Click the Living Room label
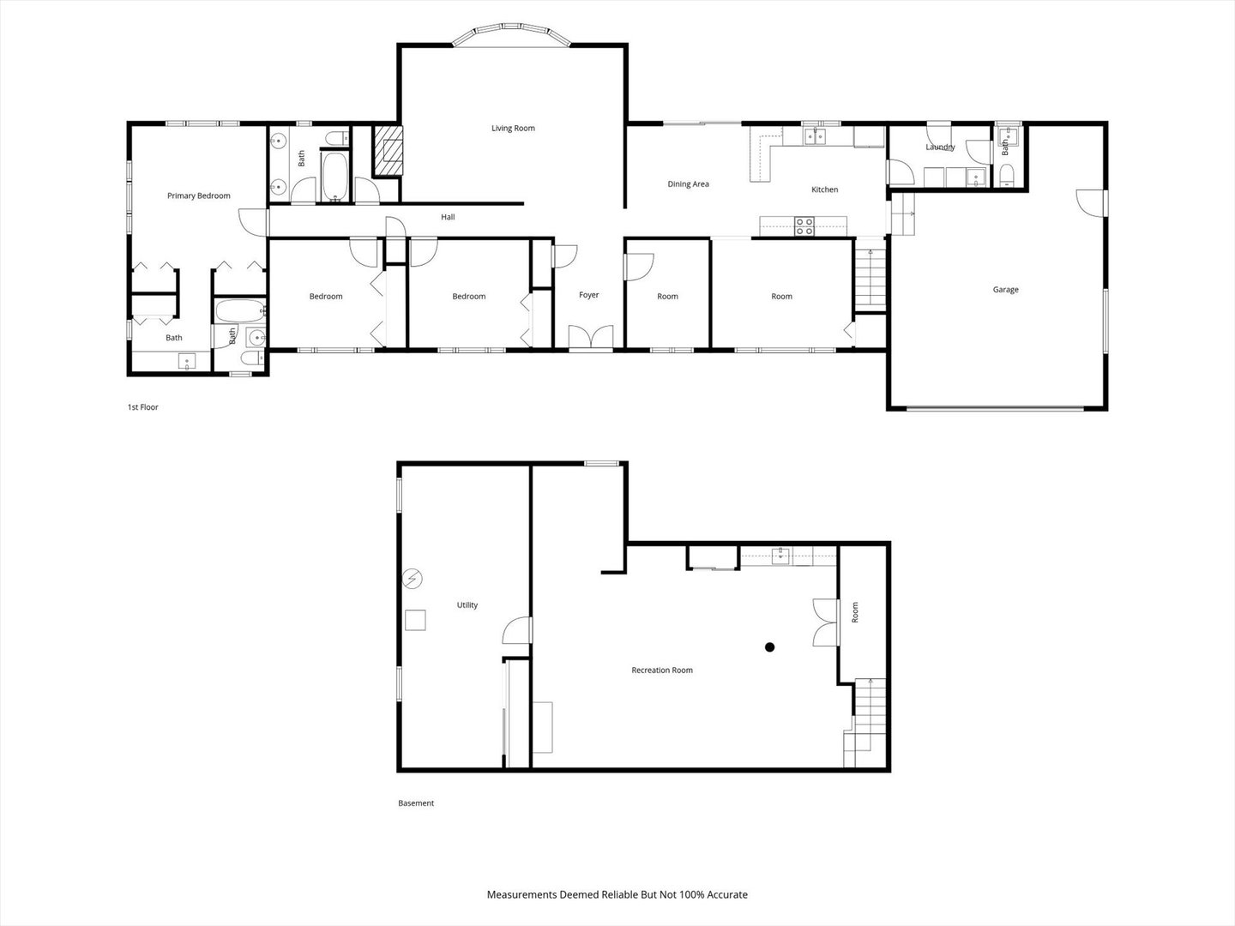[513, 129]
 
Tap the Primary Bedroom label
[198, 196]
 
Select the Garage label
[1005, 290]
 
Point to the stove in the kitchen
[804, 226]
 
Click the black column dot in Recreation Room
[770, 647]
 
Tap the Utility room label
[467, 605]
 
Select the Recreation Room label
[661, 670]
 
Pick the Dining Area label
[688, 184]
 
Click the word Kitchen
[824, 189]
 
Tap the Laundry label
[940, 147]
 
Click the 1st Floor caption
[143, 407]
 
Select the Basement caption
[416, 803]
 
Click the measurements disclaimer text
[617, 894]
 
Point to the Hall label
[448, 218]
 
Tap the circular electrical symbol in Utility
[413, 580]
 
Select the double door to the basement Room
[825, 622]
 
